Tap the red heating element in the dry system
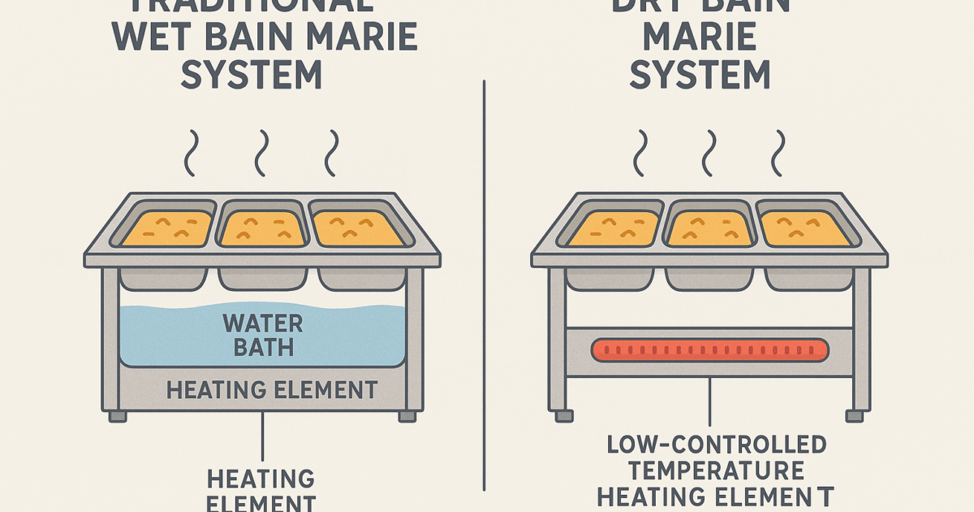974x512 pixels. (x=710, y=350)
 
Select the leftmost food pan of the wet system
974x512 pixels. (x=167, y=228)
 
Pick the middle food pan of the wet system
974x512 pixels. (x=262, y=228)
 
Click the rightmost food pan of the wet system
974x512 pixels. (x=357, y=228)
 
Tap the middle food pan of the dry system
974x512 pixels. (x=709, y=228)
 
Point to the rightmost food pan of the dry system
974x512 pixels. (x=804, y=228)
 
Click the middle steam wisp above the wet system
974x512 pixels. (x=261, y=153)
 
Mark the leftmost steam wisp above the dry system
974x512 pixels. (x=640, y=153)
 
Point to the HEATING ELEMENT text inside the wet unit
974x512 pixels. (x=272, y=390)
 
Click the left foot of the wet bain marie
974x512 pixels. (x=118, y=415)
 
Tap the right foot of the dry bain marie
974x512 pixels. (x=854, y=414)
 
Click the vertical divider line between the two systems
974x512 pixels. (x=485, y=284)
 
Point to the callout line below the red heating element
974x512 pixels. (x=710, y=402)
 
